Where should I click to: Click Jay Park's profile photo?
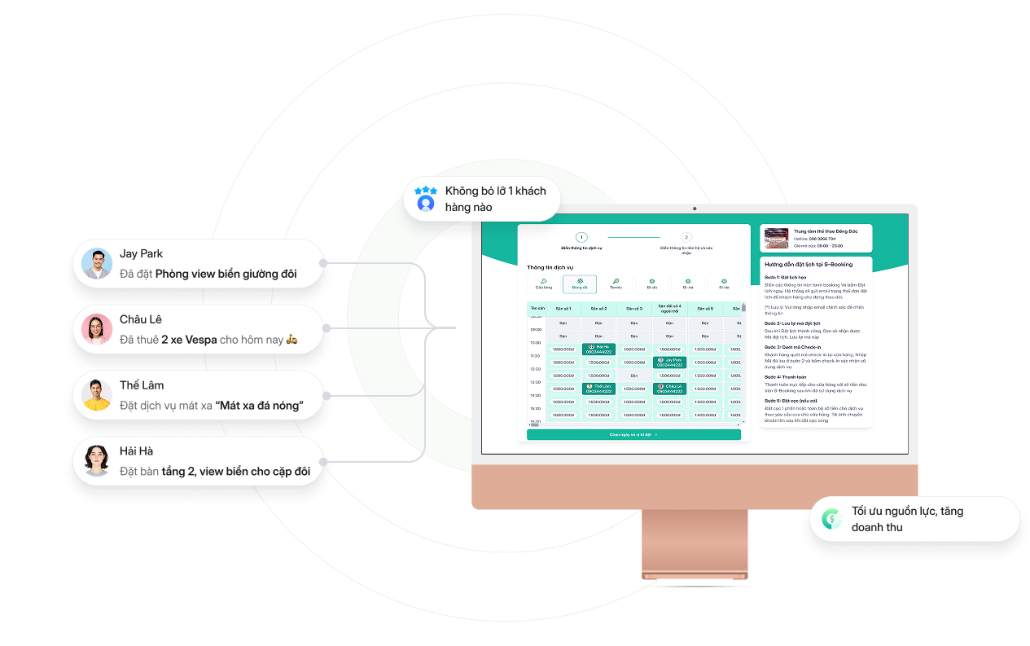(97, 264)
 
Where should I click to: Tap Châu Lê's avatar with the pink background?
(97, 329)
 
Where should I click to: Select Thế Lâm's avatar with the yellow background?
(97, 395)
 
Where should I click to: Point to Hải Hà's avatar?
(97, 461)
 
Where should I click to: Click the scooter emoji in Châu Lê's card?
(292, 340)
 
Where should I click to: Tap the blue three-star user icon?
(426, 199)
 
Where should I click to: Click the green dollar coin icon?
(831, 519)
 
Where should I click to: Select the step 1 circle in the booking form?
(581, 237)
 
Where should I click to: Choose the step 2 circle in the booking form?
(686, 237)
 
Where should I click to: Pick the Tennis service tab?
(616, 283)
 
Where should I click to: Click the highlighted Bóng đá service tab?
(580, 283)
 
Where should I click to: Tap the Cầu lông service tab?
(543, 283)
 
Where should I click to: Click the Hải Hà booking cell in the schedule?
(598, 349)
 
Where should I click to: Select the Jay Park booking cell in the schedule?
(669, 362)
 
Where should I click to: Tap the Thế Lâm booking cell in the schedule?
(598, 389)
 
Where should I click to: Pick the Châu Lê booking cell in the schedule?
(669, 389)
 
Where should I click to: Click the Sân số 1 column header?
(563, 309)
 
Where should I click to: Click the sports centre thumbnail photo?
(776, 239)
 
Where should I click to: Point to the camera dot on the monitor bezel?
(695, 209)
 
